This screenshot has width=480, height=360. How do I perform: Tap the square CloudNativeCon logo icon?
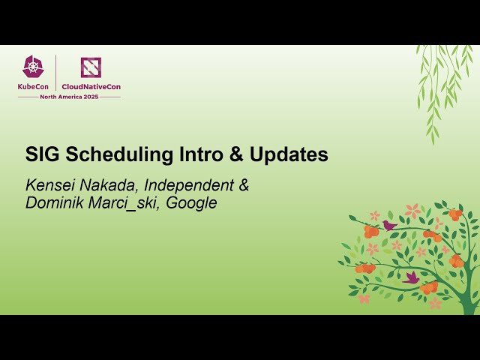pos(91,67)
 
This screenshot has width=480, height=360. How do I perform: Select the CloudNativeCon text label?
pos(91,86)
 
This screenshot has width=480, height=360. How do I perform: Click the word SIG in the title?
pos(43,155)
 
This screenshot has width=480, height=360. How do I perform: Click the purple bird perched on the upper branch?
pos(388,224)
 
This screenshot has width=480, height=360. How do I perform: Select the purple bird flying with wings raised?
pos(411,277)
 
